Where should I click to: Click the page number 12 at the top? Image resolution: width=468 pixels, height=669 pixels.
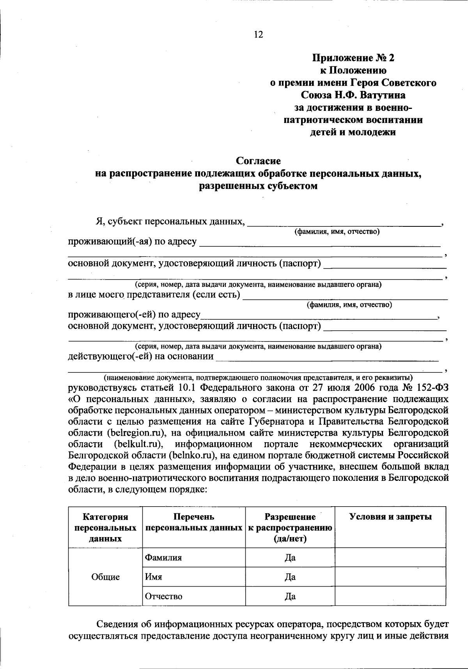pyautogui.click(x=259, y=35)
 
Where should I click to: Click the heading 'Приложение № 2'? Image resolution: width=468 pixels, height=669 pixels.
pyautogui.click(x=353, y=58)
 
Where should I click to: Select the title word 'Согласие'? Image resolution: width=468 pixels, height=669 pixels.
pyautogui.click(x=259, y=161)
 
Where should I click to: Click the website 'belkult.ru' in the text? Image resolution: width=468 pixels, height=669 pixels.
pyautogui.click(x=138, y=444)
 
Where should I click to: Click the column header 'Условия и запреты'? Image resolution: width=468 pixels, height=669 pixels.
pyautogui.click(x=390, y=517)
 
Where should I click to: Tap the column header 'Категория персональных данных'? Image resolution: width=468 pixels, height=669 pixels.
pyautogui.click(x=105, y=528)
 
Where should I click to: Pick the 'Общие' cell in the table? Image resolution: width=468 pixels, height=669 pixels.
pyautogui.click(x=105, y=577)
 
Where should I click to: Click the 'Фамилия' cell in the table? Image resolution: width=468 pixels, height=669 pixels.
pyautogui.click(x=163, y=558)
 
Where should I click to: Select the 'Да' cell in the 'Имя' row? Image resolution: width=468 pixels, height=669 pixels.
pyautogui.click(x=290, y=577)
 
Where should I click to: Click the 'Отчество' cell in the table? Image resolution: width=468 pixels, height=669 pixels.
pyautogui.click(x=163, y=596)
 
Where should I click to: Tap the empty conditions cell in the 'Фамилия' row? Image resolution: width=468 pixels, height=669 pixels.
pyautogui.click(x=390, y=557)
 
